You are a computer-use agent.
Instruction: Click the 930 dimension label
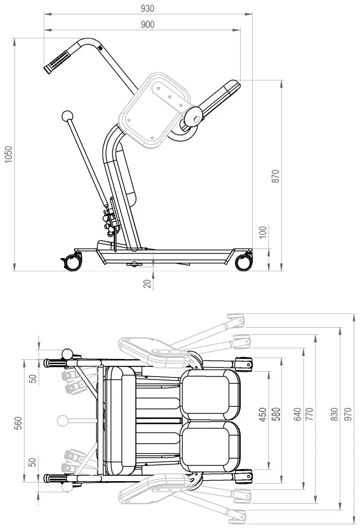point(148,9)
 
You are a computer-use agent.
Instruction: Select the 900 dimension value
point(148,24)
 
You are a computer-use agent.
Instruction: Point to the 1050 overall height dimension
point(8,154)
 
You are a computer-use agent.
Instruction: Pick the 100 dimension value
point(262,233)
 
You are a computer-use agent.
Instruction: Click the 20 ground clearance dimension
point(147,283)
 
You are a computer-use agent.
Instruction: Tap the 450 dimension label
point(263,414)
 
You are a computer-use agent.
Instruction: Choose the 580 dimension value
point(276,414)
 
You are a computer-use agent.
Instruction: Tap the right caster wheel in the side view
point(243,262)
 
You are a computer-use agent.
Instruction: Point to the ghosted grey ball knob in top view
point(63,421)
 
